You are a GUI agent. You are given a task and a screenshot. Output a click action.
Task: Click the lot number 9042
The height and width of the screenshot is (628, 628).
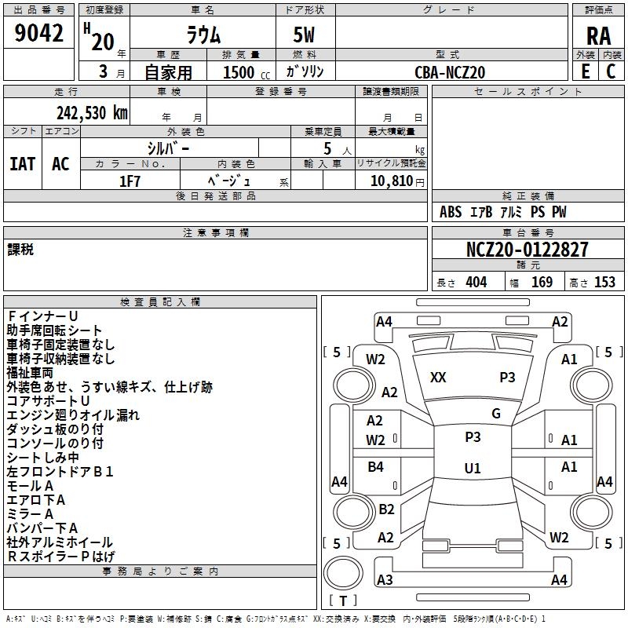coord(39,33)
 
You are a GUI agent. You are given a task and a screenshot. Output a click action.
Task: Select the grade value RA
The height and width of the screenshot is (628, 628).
coord(598,35)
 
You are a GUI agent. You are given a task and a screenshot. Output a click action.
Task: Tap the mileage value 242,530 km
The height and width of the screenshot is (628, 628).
coord(92,112)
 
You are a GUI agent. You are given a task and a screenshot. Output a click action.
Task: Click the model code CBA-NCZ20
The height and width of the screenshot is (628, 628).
coord(450,72)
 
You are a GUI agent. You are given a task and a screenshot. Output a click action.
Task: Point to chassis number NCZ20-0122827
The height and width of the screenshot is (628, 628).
coord(527,250)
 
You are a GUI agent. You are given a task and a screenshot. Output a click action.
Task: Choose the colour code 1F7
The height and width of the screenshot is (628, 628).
coord(130,181)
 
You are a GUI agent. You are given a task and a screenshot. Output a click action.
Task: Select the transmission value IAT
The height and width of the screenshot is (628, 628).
coord(22,164)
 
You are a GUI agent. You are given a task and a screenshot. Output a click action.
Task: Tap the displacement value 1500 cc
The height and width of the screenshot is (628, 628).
coord(240,72)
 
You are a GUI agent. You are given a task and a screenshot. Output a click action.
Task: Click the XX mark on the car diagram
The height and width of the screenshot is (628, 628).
coord(438,378)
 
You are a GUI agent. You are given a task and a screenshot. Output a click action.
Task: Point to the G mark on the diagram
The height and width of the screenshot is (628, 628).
coord(496,414)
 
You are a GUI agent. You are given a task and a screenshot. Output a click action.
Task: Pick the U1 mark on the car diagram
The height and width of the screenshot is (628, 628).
coord(473,469)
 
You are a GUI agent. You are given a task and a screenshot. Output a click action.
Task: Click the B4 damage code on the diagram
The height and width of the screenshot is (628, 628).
coord(375,467)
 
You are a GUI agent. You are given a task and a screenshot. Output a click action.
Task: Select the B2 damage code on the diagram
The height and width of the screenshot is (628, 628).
coord(386,509)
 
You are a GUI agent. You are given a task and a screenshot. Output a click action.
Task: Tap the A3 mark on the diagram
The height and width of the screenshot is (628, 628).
coord(385,580)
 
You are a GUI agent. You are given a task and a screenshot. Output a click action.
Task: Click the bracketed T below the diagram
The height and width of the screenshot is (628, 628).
coord(343,601)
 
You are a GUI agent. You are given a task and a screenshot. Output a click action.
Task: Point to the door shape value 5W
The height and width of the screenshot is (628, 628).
coord(305,35)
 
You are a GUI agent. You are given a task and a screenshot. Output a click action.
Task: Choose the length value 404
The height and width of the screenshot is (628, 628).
coord(476,283)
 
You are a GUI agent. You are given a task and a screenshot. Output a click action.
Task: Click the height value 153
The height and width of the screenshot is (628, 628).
coord(604,283)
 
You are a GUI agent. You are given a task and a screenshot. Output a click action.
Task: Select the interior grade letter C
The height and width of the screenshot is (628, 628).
coord(611,71)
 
